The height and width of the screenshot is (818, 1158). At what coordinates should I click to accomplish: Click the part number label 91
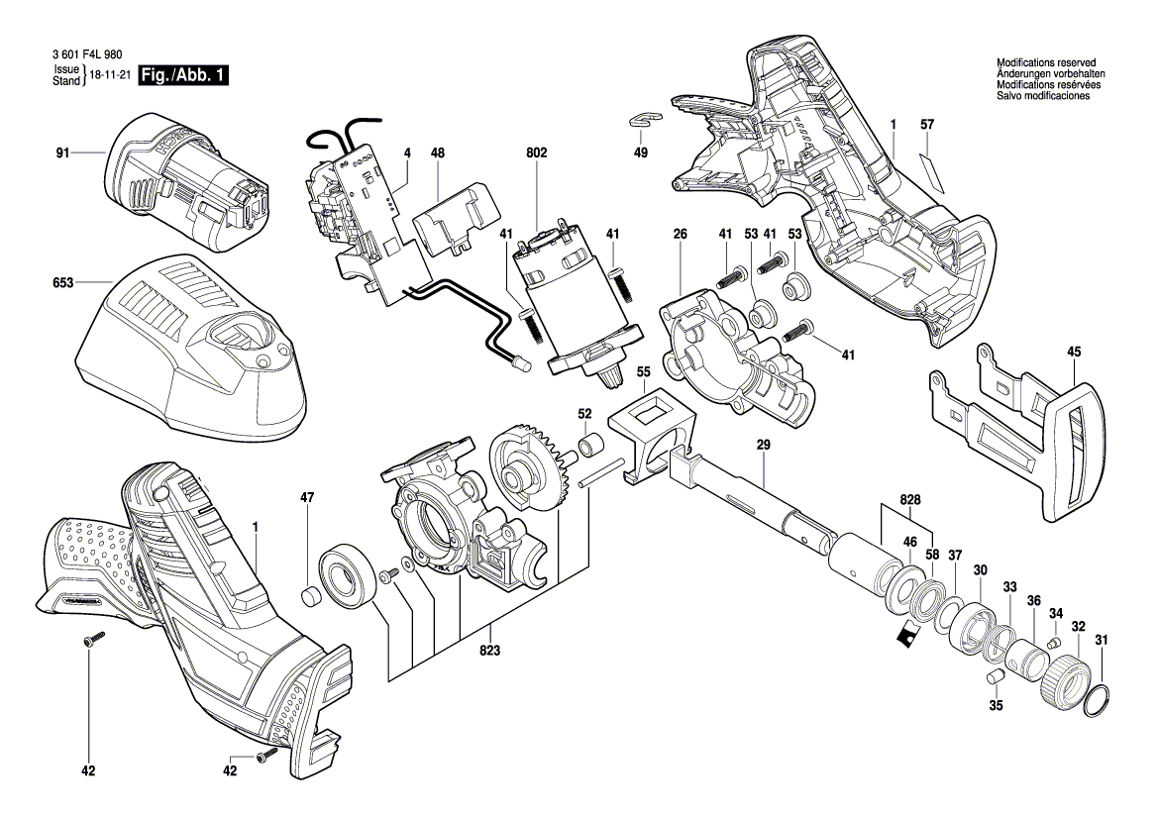coord(62,153)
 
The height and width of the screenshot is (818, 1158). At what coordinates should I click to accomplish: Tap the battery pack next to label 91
coord(188,183)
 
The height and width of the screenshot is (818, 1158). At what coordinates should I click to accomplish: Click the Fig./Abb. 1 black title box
coord(183,76)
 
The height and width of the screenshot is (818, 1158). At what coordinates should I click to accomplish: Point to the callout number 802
coord(536,153)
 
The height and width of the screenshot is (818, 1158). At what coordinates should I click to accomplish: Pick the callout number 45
coord(1075,352)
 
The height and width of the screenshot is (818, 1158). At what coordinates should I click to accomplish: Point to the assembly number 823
coord(489,651)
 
